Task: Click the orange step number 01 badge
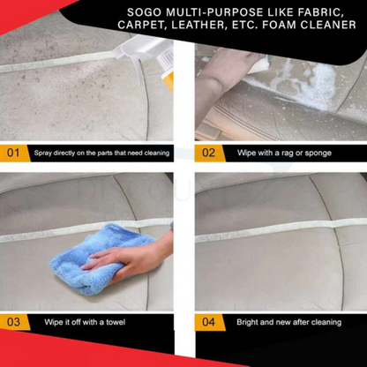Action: pyautogui.click(x=13, y=153)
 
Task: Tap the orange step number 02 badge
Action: pyautogui.click(x=208, y=153)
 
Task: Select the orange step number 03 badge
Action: pyautogui.click(x=13, y=322)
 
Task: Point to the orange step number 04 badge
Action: pyautogui.click(x=208, y=322)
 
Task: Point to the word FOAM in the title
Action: pyautogui.click(x=287, y=25)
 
